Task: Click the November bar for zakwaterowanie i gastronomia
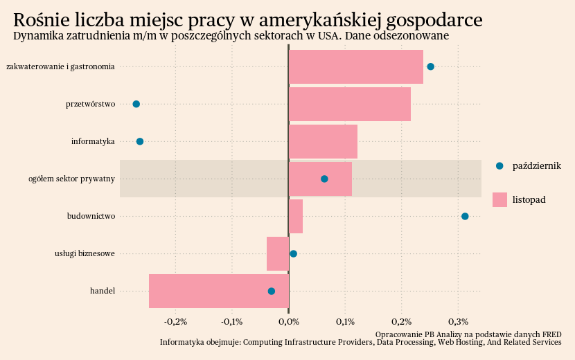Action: (355, 66)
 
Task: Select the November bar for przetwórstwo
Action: (349, 104)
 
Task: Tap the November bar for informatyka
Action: (323, 141)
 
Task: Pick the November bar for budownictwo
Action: (296, 216)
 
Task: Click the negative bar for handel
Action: (218, 291)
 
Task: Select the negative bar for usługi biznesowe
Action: (278, 253)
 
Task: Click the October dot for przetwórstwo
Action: (136, 104)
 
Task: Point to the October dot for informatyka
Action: (140, 141)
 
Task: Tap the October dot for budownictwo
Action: (465, 216)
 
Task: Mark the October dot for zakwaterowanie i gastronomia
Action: (431, 66)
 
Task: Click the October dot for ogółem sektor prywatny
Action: (324, 179)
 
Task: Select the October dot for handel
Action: (272, 291)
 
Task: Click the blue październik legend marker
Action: (499, 165)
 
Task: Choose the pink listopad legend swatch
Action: (499, 199)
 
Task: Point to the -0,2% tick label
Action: (175, 322)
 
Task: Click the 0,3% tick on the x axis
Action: (459, 322)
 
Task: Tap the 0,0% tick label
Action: (288, 322)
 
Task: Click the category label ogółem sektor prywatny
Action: (71, 179)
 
